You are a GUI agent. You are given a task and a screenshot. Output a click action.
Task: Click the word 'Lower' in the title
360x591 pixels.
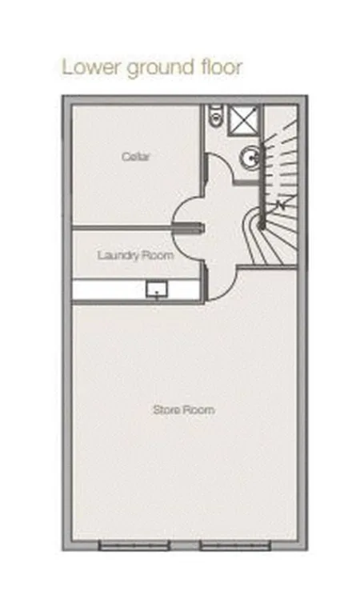[x=91, y=67]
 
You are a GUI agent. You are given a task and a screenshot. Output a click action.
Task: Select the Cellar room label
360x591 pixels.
[x=136, y=156]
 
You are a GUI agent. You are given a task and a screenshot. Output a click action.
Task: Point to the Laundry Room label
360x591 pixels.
[x=136, y=255]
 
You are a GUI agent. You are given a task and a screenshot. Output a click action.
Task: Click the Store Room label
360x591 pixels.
[x=184, y=409]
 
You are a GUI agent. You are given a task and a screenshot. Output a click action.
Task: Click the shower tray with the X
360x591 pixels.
[x=243, y=120]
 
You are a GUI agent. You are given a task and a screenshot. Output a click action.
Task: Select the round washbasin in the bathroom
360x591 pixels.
[x=250, y=158]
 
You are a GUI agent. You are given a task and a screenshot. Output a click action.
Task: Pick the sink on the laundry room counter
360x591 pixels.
[x=157, y=290]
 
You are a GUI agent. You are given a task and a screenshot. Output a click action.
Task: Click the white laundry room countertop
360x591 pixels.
[x=136, y=290]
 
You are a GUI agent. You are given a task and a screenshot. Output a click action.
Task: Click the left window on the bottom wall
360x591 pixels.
[x=134, y=545]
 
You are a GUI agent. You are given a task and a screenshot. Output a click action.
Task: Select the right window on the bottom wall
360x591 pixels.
[x=234, y=545]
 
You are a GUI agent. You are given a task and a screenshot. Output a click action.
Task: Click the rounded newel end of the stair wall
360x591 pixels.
[x=262, y=226]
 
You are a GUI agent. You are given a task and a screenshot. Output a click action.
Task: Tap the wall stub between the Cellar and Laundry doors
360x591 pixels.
[x=189, y=228]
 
